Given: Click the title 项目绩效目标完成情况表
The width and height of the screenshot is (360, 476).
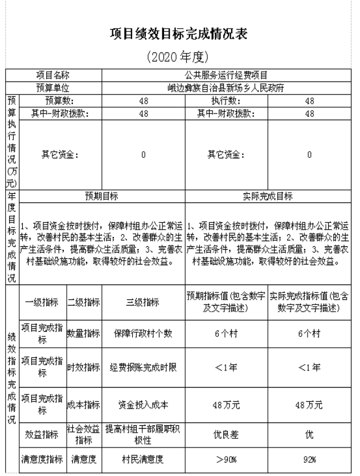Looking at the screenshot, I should pyautogui.click(x=179, y=34).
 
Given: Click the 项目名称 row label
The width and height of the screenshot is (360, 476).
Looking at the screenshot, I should pyautogui.click(x=53, y=75).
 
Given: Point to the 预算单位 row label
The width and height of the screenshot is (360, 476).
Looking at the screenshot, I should pyautogui.click(x=53, y=88).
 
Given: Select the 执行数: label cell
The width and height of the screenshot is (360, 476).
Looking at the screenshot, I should pyautogui.click(x=226, y=101).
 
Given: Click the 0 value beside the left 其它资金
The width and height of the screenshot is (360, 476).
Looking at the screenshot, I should pyautogui.click(x=144, y=154).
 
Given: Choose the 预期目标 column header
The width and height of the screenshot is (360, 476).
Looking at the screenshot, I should pyautogui.click(x=102, y=196).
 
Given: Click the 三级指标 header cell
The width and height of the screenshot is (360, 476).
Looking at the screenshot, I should pyautogui.click(x=143, y=303).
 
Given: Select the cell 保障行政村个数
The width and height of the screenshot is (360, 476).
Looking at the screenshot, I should pyautogui.click(x=143, y=333).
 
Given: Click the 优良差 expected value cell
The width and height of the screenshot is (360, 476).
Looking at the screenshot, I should pyautogui.click(x=226, y=436).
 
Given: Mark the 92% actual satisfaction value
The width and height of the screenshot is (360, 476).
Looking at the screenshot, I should pyautogui.click(x=309, y=459).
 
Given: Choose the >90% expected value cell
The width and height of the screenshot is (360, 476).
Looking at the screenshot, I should pyautogui.click(x=226, y=459).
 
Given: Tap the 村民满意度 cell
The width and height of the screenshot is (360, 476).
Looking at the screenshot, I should pyautogui.click(x=143, y=459).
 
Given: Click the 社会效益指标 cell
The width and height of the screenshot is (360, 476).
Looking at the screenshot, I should pyautogui.click(x=84, y=436).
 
